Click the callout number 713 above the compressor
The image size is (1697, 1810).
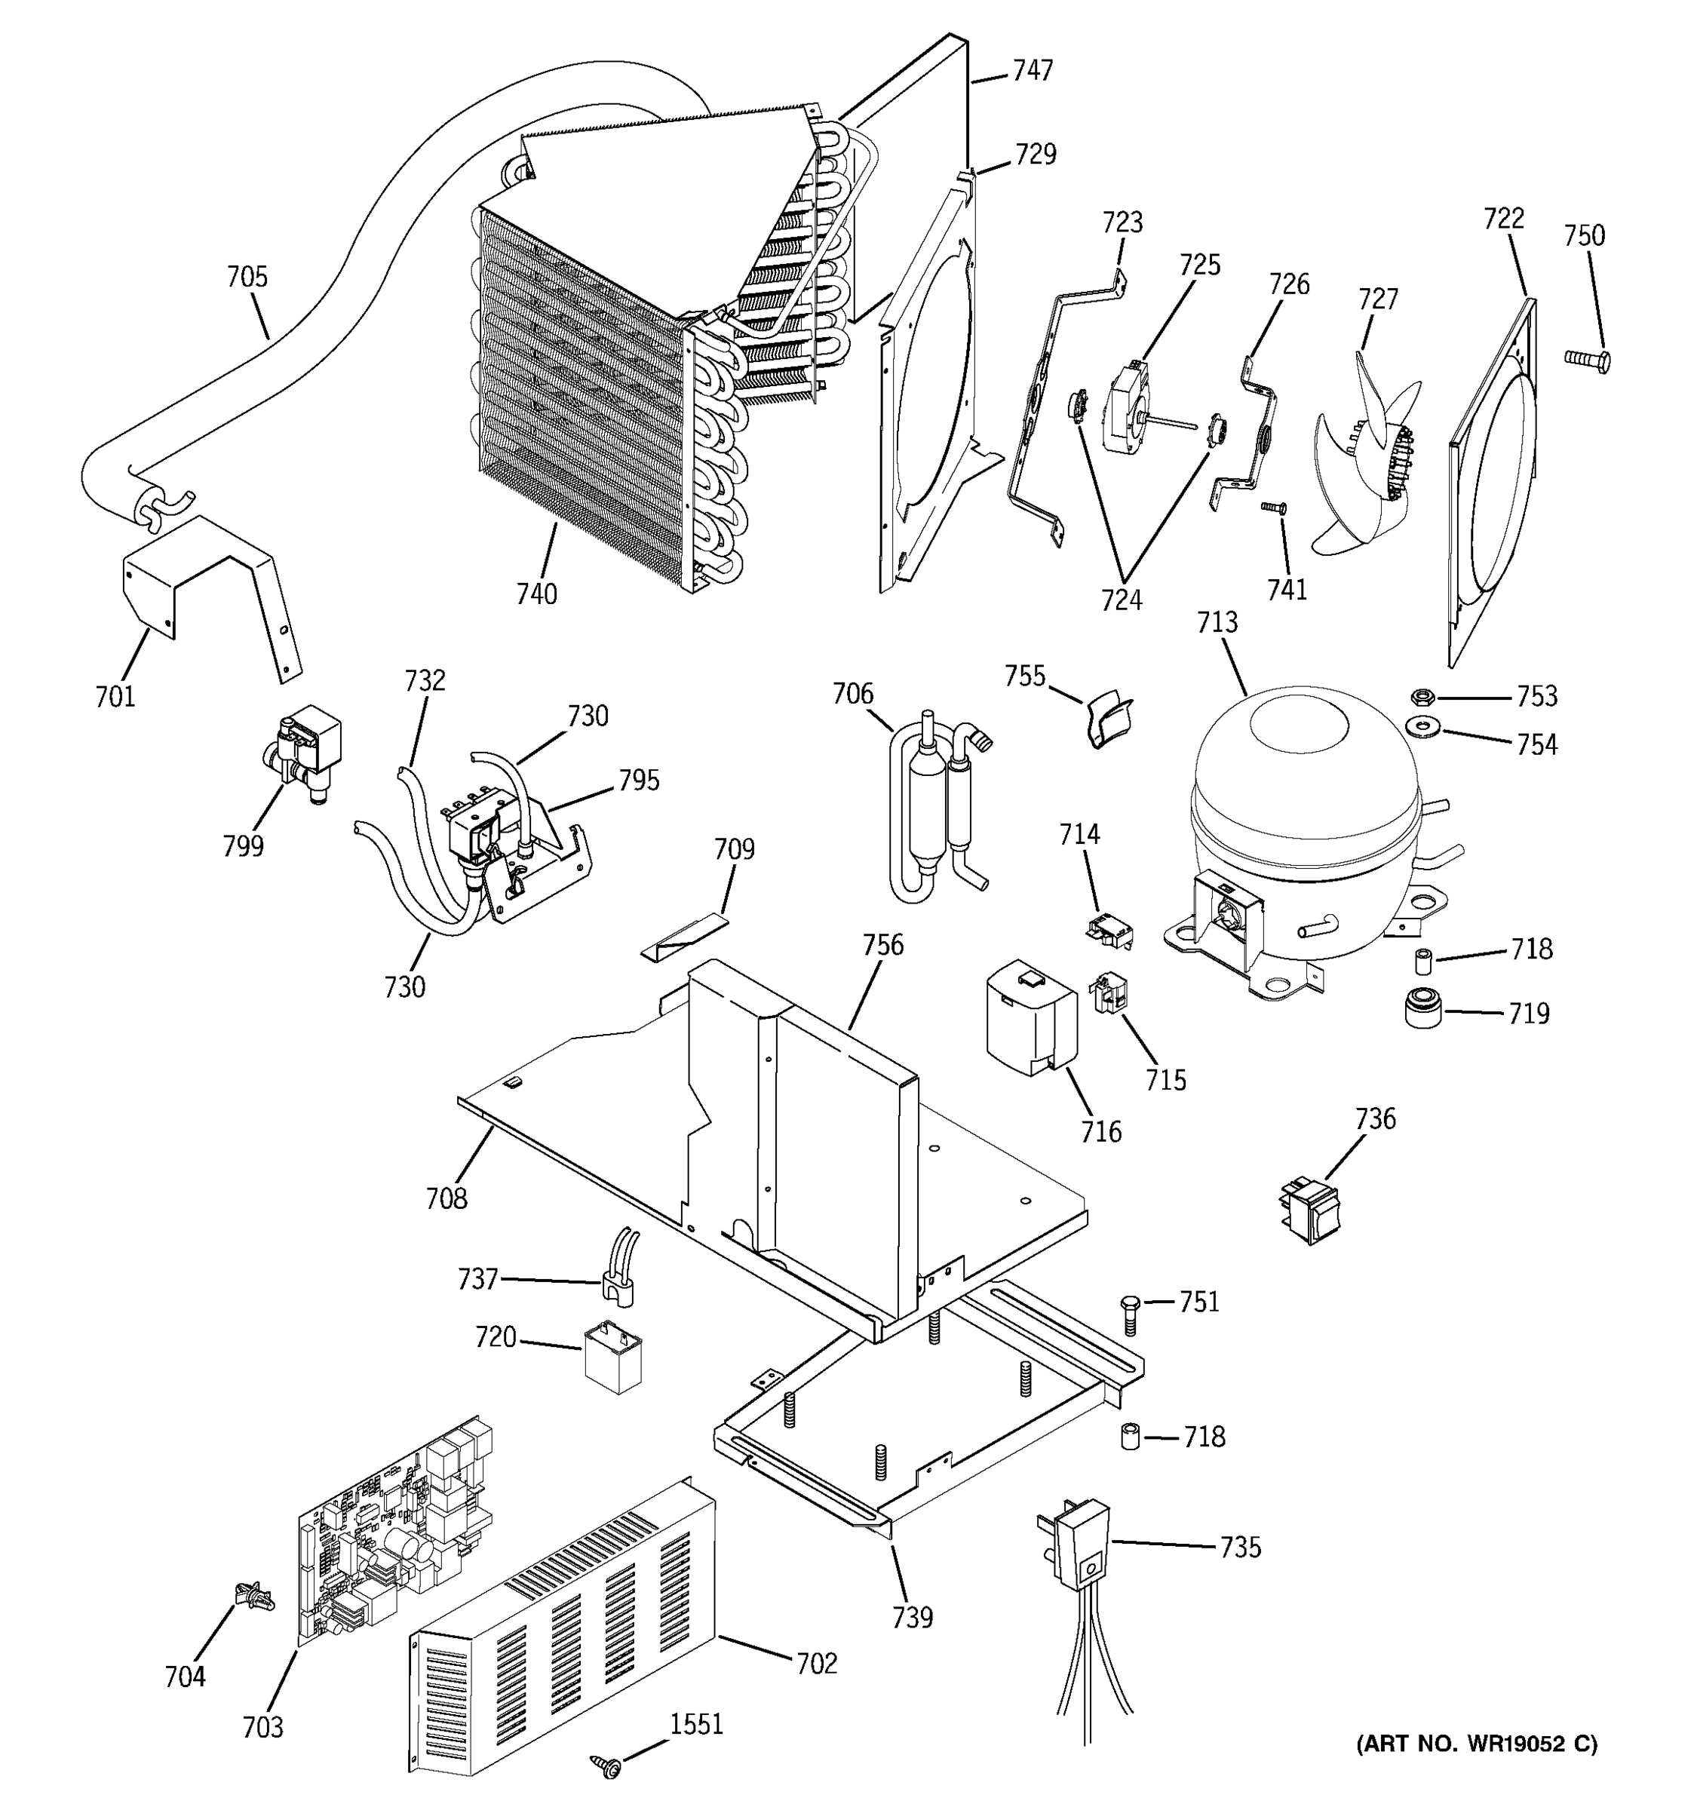coord(1217,623)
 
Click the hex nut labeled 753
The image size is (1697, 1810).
coord(1423,698)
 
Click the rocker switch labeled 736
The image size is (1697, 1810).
coord(1309,1208)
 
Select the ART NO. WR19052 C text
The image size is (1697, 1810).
coord(1477,1744)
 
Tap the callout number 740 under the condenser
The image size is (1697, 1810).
coord(536,594)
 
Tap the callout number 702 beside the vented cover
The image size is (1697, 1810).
coord(816,1664)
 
